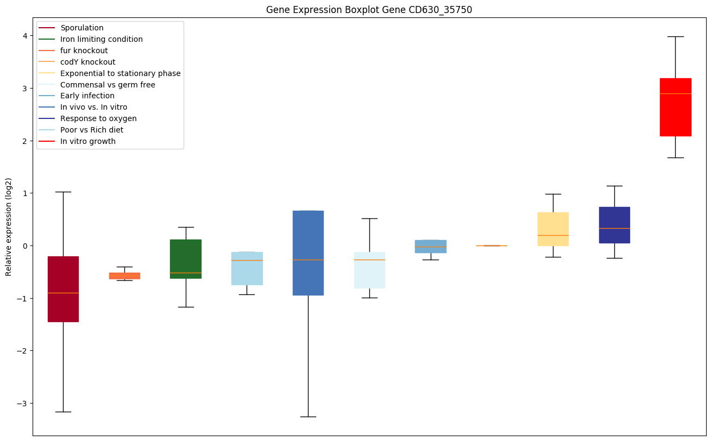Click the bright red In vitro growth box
675,107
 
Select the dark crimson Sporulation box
63,289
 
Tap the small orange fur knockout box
124,276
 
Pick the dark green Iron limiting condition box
186,259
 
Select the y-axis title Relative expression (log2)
9,227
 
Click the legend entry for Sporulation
82,28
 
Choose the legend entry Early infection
87,96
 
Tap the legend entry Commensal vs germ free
108,85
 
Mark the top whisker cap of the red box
675,36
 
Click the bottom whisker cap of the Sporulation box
63,412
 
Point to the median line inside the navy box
614,228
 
